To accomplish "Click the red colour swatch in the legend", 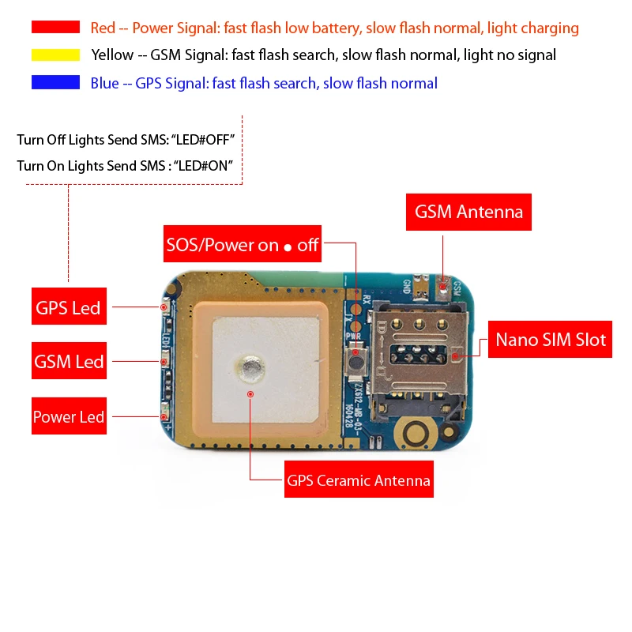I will click(x=55, y=28).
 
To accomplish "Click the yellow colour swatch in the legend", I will click(x=55, y=55).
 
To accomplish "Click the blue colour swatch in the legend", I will click(x=55, y=83).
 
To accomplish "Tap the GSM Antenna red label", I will click(x=469, y=212).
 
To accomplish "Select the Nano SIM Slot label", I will click(x=551, y=340).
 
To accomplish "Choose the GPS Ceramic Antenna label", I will click(x=359, y=480).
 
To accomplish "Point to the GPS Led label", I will click(x=68, y=307).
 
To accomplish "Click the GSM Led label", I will click(x=69, y=362).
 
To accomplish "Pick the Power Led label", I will click(x=69, y=417).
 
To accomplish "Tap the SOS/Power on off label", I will click(x=242, y=245).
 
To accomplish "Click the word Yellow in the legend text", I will click(x=111, y=55).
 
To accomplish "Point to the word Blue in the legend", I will click(x=104, y=83).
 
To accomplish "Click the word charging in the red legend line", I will click(x=550, y=28).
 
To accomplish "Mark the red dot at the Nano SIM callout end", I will click(x=456, y=355).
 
